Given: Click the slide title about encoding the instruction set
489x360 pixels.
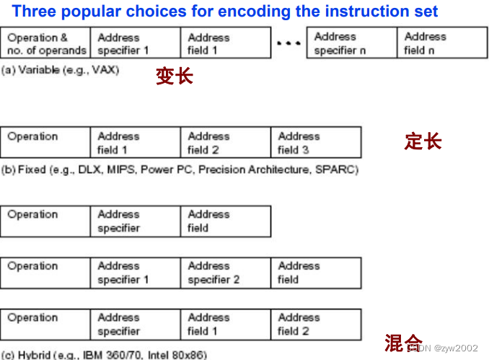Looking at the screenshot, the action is (225, 12).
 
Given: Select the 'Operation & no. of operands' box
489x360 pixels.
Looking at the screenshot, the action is (46, 43).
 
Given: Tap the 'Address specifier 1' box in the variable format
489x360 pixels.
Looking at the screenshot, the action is (136, 43).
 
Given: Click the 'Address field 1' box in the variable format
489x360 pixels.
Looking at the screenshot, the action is (226, 43).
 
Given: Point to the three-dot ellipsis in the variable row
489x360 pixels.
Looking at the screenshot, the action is (288, 43).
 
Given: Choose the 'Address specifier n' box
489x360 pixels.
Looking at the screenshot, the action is (352, 43).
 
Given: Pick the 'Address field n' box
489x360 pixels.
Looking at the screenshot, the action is (442, 43).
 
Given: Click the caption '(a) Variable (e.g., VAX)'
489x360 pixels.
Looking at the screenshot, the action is (61, 70).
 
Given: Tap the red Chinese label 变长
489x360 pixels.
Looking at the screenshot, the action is (174, 76).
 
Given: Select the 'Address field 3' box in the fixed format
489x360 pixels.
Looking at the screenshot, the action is (316, 143).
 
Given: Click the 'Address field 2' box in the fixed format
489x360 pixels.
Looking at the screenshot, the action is (226, 143).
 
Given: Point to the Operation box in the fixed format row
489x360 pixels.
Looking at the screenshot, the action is (46, 143).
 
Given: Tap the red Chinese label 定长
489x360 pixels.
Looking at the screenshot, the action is (423, 141).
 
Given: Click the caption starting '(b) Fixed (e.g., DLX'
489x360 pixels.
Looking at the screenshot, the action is (180, 170).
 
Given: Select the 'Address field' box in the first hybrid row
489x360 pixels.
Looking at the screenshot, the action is (226, 221).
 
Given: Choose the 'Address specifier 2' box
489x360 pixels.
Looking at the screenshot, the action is (226, 273).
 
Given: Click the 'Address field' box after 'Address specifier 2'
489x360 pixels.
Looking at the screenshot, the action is (316, 273).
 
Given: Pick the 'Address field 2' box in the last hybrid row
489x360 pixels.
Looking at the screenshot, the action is (316, 324).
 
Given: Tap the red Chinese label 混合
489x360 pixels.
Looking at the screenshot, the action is (402, 341).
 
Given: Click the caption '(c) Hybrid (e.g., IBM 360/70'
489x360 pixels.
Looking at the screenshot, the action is (105, 355).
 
